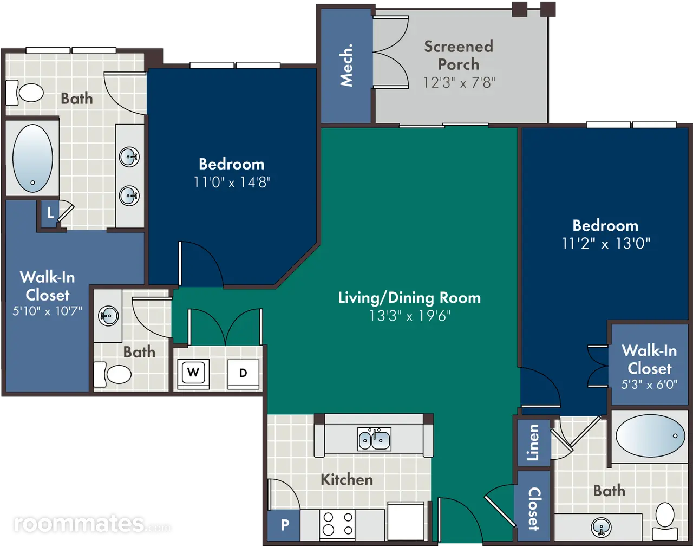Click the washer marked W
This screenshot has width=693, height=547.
pos(193,373)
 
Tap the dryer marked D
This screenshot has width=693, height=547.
pos(243,373)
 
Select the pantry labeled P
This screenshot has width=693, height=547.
pos(284,525)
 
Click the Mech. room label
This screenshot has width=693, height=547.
pos(346,66)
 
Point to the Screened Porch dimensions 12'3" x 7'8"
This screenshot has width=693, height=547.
pos(459,83)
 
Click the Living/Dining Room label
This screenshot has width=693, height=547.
pos(409,298)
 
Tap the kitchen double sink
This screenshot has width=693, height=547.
pos(374,439)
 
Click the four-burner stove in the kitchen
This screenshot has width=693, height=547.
pos(337,525)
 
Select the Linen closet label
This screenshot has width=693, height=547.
pos(533,442)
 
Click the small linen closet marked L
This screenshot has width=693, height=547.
pos(50,213)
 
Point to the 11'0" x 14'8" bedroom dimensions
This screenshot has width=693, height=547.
pos(232,183)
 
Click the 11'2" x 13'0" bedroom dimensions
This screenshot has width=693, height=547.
pos(606,243)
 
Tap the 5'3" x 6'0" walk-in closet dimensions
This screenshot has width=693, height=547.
pos(649,385)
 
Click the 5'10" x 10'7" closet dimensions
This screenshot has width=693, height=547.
pos(47,311)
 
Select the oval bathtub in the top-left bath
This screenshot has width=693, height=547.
pos(32,158)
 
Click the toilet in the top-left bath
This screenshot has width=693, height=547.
pos(25,93)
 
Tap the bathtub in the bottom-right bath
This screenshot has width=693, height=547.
pos(651,435)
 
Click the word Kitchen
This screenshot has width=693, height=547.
pos(347,480)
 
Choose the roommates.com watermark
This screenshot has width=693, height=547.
pos(93,524)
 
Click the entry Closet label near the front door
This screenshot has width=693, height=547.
pos(533,509)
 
